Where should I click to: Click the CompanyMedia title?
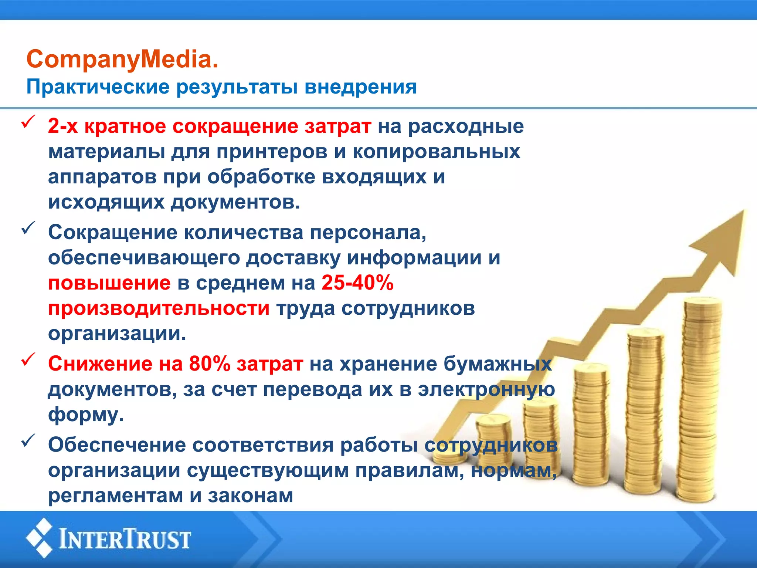coord(122,59)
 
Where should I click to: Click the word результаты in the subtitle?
coord(237,87)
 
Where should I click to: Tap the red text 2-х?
coord(63,126)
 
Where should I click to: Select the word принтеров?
coord(272,152)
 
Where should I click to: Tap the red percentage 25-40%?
coord(357,283)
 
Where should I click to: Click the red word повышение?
coord(109,283)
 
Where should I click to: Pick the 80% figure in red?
coord(210,364)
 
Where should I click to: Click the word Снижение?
coord(100,364)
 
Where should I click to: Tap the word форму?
coord(86,415)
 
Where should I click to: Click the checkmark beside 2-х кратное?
coord(28,122)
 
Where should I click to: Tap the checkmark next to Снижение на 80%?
coord(28,359)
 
